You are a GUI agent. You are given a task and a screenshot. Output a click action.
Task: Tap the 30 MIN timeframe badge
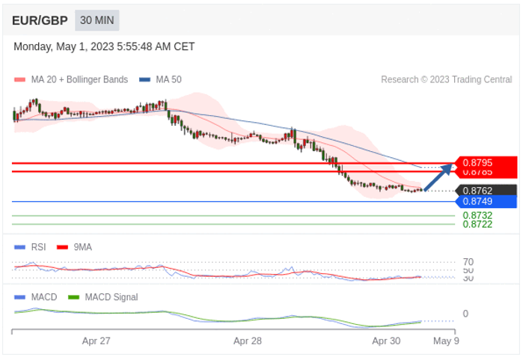pyautogui.click(x=97, y=20)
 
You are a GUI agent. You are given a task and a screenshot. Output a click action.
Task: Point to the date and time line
pyautogui.click(x=104, y=46)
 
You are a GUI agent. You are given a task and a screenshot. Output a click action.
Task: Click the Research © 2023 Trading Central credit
pyautogui.click(x=446, y=79)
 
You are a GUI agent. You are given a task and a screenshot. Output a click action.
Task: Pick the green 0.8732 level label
pyautogui.click(x=477, y=216)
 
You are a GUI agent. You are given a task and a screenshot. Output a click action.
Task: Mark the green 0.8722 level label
pyautogui.click(x=477, y=224)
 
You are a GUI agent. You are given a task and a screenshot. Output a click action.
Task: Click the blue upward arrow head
pyautogui.click(x=448, y=167)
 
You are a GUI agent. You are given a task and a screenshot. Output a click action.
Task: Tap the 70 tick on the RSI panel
pyautogui.click(x=468, y=262)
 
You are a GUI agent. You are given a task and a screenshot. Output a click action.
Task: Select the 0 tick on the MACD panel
pyautogui.click(x=465, y=314)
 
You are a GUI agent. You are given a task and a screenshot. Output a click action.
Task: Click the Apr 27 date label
pyautogui.click(x=96, y=341)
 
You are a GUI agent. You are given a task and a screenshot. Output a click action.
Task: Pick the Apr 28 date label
pyautogui.click(x=247, y=341)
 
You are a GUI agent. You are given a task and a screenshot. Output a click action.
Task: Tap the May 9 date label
pyautogui.click(x=446, y=341)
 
